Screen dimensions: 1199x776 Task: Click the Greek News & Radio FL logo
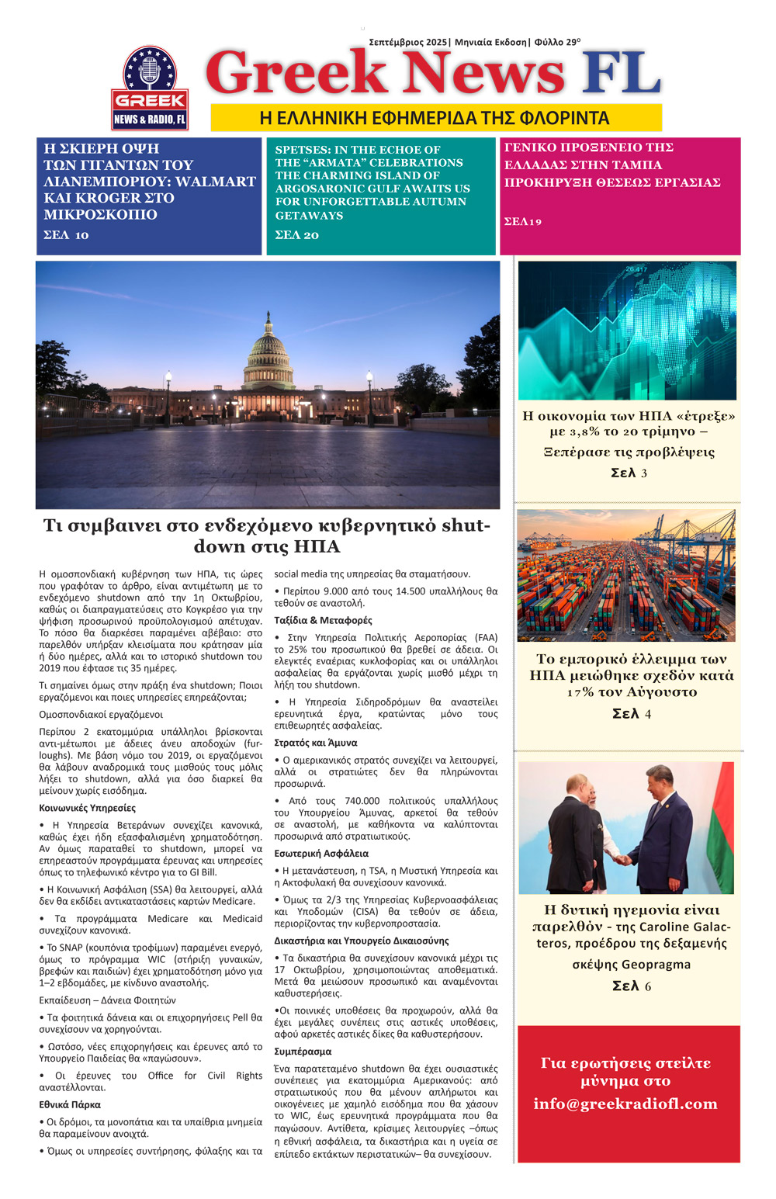[x=150, y=88]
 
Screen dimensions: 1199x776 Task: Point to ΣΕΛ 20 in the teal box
[x=296, y=235]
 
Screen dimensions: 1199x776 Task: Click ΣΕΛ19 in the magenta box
[x=523, y=222]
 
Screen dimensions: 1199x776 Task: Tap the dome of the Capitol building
[x=268, y=346]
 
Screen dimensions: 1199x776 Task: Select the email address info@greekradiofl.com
[x=625, y=1104]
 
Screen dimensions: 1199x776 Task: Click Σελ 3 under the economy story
[x=629, y=473]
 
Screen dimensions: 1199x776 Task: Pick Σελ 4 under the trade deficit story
[x=631, y=713]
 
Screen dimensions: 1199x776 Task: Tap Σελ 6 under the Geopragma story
[x=631, y=986]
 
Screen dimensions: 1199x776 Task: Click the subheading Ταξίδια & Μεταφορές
[x=323, y=620]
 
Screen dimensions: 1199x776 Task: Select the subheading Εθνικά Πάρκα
[x=70, y=1104]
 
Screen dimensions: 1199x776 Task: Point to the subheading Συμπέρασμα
[x=303, y=1052]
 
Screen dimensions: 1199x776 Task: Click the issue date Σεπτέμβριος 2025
[x=408, y=42]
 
